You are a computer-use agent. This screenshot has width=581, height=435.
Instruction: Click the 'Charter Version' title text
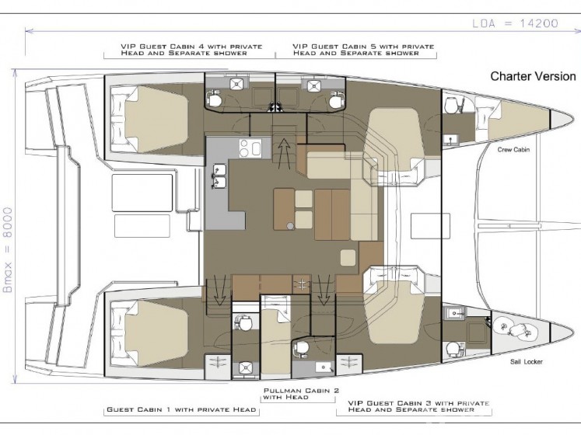coord(533,76)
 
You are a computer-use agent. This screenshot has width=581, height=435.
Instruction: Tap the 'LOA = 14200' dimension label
coord(515,24)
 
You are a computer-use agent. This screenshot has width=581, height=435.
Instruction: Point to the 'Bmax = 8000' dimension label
coord(8,250)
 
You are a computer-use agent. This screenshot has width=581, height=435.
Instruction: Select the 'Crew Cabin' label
coord(513,150)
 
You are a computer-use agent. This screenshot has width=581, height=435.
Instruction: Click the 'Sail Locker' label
coord(526,361)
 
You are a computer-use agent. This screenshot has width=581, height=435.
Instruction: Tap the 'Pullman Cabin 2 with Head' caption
coord(301,394)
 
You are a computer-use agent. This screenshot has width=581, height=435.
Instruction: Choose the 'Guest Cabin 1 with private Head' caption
coord(181,409)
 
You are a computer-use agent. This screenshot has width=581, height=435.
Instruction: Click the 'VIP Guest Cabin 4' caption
coord(191,50)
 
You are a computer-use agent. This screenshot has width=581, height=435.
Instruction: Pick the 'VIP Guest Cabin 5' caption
coord(363,50)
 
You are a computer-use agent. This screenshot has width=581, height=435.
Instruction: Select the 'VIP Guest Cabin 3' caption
coord(418,406)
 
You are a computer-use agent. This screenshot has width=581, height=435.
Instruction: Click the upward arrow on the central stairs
coord(284,151)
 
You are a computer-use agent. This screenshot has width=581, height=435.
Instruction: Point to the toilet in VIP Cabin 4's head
coord(214,99)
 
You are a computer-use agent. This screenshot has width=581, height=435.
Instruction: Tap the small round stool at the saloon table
coord(290,226)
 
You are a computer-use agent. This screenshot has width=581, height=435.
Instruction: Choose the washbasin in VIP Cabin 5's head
coord(313,85)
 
